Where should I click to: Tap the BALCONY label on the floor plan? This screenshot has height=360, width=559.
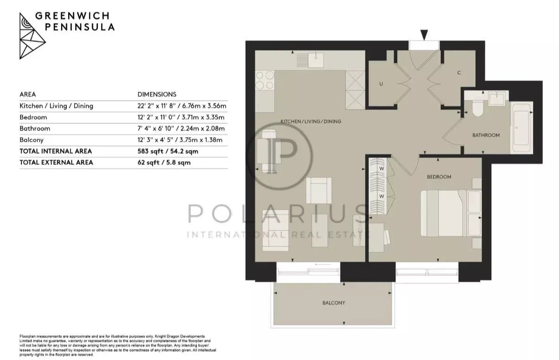point(334,303)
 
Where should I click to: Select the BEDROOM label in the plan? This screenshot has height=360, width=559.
point(439,177)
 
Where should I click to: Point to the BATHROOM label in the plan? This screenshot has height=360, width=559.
point(486,135)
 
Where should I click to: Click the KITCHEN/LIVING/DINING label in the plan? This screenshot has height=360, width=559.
point(311,121)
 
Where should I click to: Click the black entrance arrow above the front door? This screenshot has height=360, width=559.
point(424,35)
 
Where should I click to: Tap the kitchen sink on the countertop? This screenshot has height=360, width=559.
point(316,60)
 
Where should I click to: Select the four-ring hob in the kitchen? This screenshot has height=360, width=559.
point(265,80)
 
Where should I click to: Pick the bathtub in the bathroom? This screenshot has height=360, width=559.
point(521,128)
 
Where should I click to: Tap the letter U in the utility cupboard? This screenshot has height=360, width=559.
point(381,84)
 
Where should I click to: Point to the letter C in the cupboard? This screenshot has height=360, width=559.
point(459,73)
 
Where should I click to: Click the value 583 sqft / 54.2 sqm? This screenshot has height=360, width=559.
point(168,151)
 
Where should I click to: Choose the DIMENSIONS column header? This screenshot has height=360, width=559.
point(157,95)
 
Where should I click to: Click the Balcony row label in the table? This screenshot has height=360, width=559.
point(32,140)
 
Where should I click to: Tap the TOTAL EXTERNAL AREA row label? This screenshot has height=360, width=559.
point(57,163)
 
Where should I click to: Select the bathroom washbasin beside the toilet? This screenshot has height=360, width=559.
point(497,99)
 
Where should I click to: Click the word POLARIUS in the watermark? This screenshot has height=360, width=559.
point(278,214)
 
